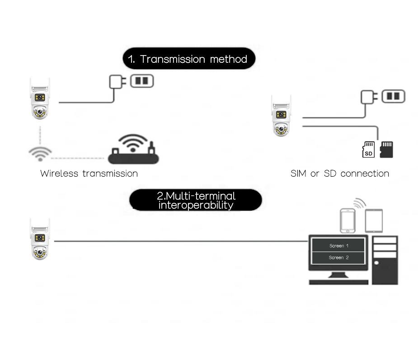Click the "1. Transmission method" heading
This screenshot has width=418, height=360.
(x=189, y=59)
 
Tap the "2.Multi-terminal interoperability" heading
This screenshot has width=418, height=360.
(x=196, y=200)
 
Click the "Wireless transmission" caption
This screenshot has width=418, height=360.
(x=89, y=173)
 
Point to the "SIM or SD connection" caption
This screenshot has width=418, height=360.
(x=340, y=173)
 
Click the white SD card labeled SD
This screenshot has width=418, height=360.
(x=368, y=150)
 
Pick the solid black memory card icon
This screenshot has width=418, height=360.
(x=386, y=150)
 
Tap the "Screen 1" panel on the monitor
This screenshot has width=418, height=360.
(x=338, y=245)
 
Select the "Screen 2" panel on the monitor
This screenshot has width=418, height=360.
(x=338, y=257)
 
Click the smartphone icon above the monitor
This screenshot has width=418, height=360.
(x=348, y=220)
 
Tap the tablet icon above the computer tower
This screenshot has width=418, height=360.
(x=374, y=220)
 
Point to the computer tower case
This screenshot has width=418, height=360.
(x=385, y=260)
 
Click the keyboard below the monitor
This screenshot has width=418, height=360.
(x=338, y=282)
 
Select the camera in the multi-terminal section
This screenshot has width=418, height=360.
(x=40, y=239)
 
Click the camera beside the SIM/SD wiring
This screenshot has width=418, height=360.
(x=281, y=116)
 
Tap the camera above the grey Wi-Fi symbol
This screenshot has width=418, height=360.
(x=40, y=98)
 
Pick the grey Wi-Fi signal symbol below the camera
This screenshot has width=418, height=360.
(x=40, y=154)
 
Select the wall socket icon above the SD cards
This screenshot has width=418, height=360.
(x=394, y=96)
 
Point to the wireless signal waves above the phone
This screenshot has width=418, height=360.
(x=360, y=203)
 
